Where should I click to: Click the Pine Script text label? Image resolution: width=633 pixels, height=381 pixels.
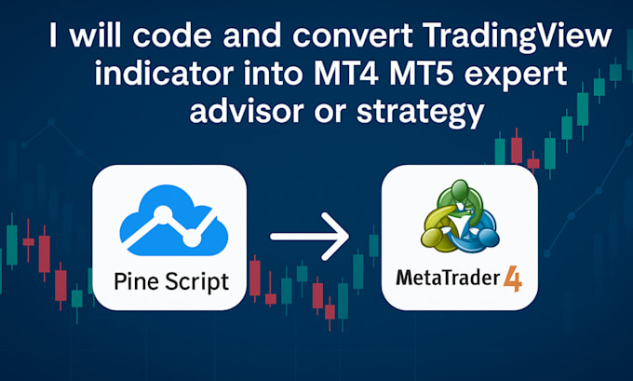coord(169,279)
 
